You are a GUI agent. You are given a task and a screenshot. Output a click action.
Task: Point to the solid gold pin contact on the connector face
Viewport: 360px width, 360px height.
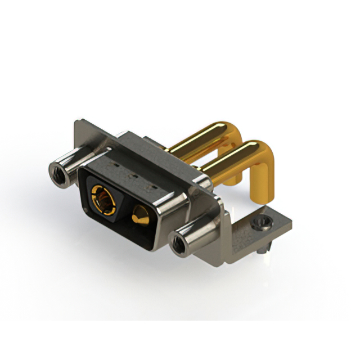139,214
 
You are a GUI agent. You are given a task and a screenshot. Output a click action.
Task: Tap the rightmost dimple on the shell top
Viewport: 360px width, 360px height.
149,185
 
